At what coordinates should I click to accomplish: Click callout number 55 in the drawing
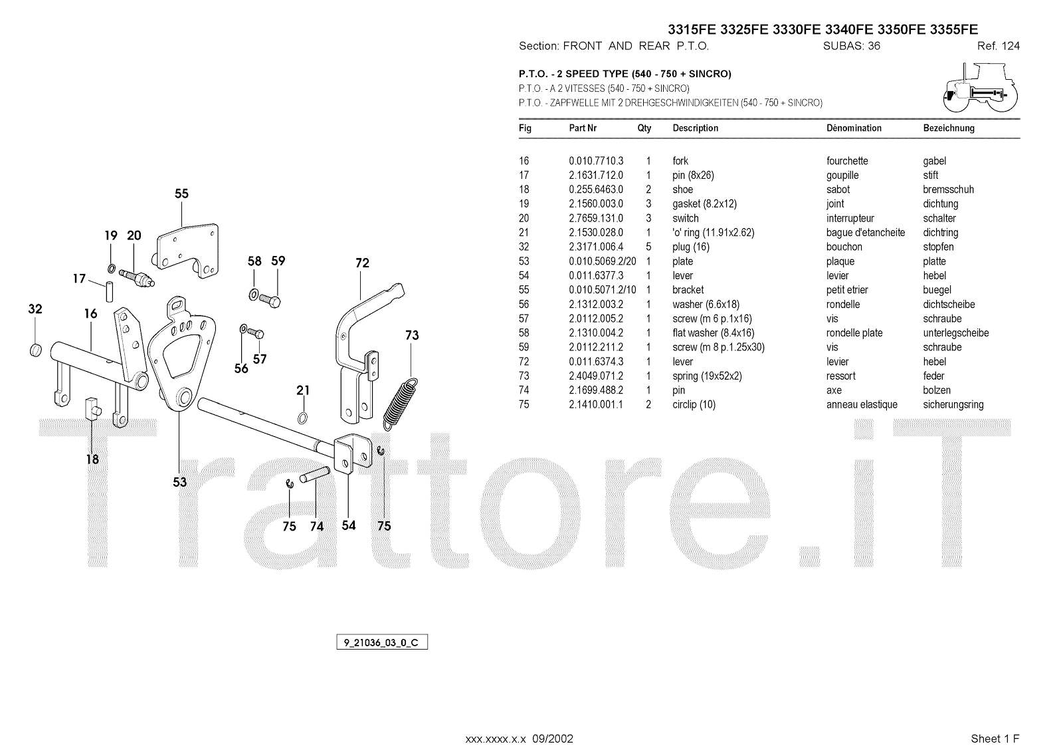point(181,193)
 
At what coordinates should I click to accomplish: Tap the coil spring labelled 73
point(401,404)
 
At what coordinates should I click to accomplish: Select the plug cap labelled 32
point(37,350)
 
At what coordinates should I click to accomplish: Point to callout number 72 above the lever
point(362,263)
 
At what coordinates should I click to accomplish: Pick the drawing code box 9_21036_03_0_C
point(381,643)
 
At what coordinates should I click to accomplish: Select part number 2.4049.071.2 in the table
point(596,376)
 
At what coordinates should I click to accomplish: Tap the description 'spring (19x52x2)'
point(707,376)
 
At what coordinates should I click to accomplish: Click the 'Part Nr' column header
point(583,128)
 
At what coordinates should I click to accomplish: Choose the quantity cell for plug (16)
point(648,247)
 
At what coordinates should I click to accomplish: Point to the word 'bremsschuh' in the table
point(948,189)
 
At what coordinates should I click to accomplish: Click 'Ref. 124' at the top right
point(998,46)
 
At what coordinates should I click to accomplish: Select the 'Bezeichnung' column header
point(948,128)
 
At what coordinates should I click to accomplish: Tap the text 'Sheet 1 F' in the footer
point(995,739)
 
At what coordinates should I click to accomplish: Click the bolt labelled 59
point(270,300)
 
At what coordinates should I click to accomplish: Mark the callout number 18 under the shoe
point(92,459)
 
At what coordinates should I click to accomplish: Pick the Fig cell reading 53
point(524,261)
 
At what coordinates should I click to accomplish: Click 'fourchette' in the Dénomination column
point(847,161)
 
